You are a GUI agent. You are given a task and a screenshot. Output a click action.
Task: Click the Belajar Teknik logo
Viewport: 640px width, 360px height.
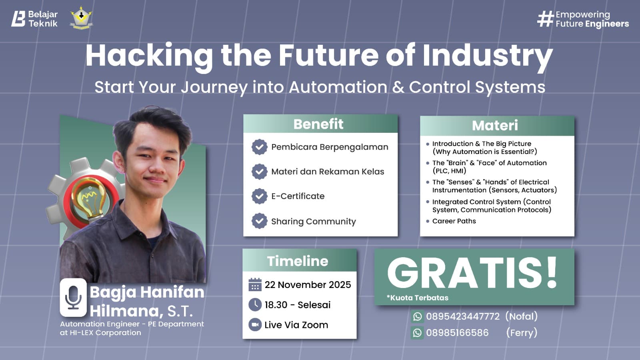point(34,19)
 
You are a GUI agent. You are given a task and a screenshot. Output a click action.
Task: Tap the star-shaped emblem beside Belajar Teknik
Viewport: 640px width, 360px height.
point(81,18)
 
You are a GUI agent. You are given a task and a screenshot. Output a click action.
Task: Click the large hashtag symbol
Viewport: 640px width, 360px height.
point(545,19)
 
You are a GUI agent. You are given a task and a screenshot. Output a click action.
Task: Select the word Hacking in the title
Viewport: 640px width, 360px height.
point(149,56)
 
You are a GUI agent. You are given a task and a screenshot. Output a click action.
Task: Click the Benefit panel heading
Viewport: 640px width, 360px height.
point(318,124)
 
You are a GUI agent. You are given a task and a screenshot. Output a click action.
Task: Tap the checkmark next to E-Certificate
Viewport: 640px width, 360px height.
point(259,196)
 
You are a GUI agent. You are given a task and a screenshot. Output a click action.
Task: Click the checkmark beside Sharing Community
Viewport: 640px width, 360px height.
point(259,221)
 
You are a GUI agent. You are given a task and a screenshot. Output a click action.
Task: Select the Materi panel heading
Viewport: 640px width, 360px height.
point(495,126)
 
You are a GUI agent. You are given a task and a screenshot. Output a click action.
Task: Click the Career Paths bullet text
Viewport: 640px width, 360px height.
point(454,221)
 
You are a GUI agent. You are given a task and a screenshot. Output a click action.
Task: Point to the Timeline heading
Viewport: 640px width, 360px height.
point(298,261)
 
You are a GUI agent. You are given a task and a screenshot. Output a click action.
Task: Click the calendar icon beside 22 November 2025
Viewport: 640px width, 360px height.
point(255,285)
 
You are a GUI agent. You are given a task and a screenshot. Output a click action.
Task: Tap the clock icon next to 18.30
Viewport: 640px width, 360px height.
point(255,305)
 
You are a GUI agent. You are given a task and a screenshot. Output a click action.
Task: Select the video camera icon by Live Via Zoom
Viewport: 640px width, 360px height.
point(255,324)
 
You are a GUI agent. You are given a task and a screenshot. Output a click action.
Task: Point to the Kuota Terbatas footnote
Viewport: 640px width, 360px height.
point(418,298)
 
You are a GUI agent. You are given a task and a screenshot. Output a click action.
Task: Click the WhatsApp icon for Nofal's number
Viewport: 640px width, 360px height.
point(417,316)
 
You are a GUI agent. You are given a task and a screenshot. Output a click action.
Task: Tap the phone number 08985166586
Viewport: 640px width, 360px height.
point(457,333)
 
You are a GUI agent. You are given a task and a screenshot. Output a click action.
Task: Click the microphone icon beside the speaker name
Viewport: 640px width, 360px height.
point(73,298)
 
